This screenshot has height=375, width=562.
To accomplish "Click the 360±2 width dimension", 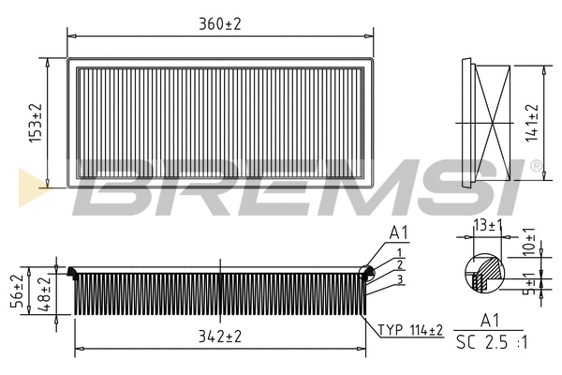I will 219,23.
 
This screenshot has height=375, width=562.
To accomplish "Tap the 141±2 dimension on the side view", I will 531,122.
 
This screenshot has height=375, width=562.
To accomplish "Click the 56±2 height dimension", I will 15,292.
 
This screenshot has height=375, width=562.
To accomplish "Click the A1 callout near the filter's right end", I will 398,233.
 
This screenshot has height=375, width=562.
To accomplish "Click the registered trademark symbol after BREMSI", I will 536,166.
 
